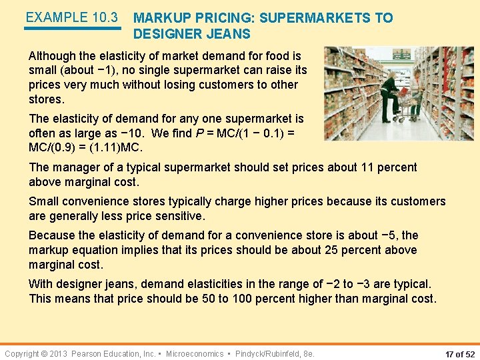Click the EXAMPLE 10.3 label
click(71, 17)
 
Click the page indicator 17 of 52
click(451, 353)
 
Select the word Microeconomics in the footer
click(195, 353)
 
